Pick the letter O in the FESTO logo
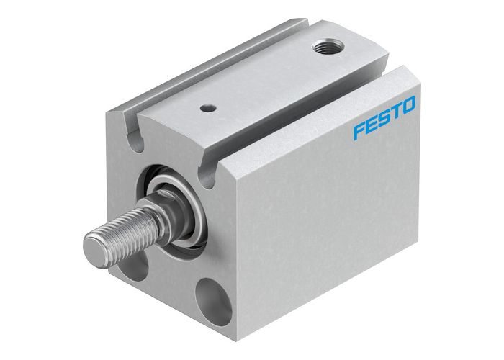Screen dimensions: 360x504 click(409, 108)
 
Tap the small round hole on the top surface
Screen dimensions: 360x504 click(208, 109)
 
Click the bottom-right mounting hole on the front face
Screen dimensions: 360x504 click(214, 300)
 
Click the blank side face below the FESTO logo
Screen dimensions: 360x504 click(338, 216)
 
